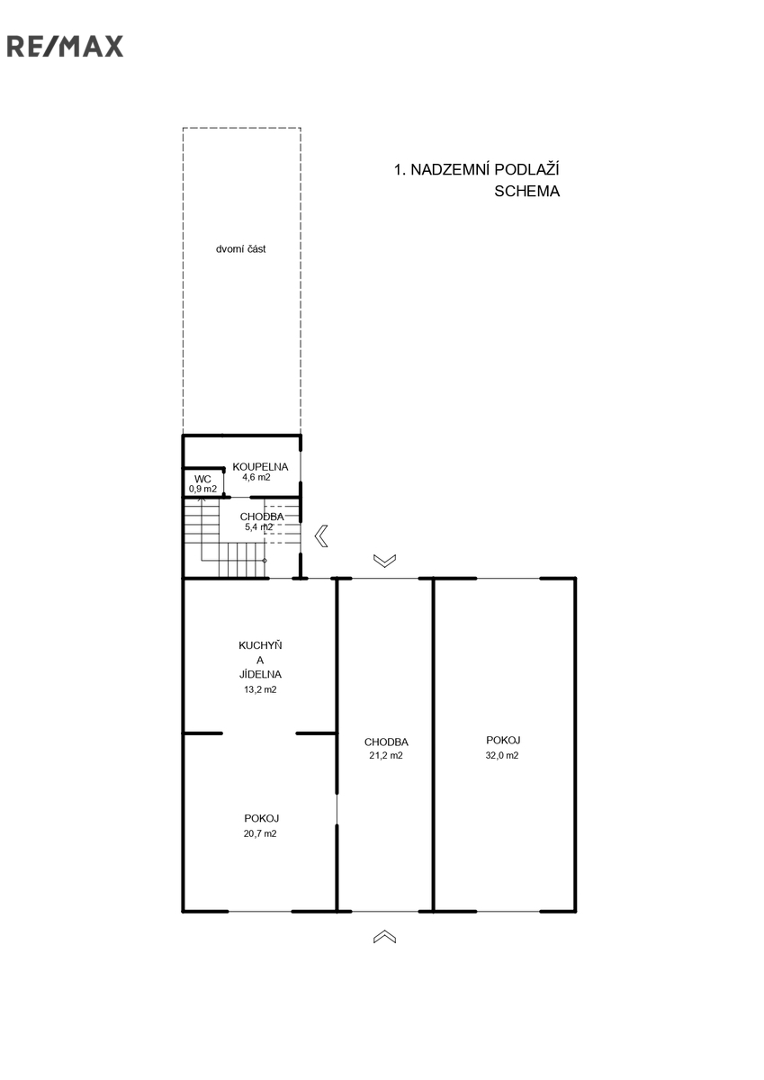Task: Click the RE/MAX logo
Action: tap(65, 46)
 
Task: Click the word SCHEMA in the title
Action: tap(526, 192)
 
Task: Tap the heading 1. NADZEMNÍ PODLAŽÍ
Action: tap(477, 170)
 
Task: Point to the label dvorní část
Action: tap(240, 249)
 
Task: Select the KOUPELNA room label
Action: tap(260, 467)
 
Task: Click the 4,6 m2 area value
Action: tap(256, 477)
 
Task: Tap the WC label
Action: tap(202, 479)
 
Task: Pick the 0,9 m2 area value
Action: tap(202, 489)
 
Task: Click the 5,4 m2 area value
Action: tap(259, 527)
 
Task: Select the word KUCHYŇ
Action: tap(260, 645)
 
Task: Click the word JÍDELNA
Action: tap(260, 674)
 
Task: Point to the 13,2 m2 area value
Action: tap(260, 689)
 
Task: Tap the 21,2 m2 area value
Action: tap(386, 755)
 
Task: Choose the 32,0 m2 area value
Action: tap(502, 755)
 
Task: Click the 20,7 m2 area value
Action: tap(260, 833)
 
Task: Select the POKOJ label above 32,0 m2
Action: tap(503, 740)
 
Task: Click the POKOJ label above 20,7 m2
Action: tap(261, 818)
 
